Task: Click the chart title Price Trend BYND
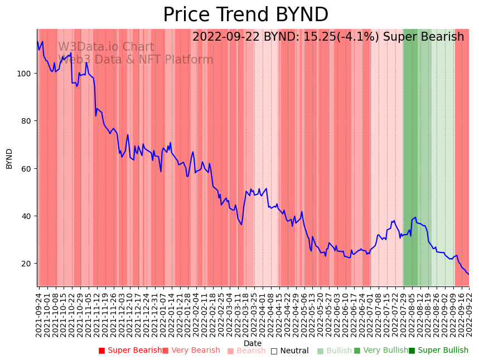click(245, 15)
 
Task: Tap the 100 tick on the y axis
click(26, 74)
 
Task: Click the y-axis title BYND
click(9, 158)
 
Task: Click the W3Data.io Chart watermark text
click(106, 47)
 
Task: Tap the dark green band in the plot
click(410, 156)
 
